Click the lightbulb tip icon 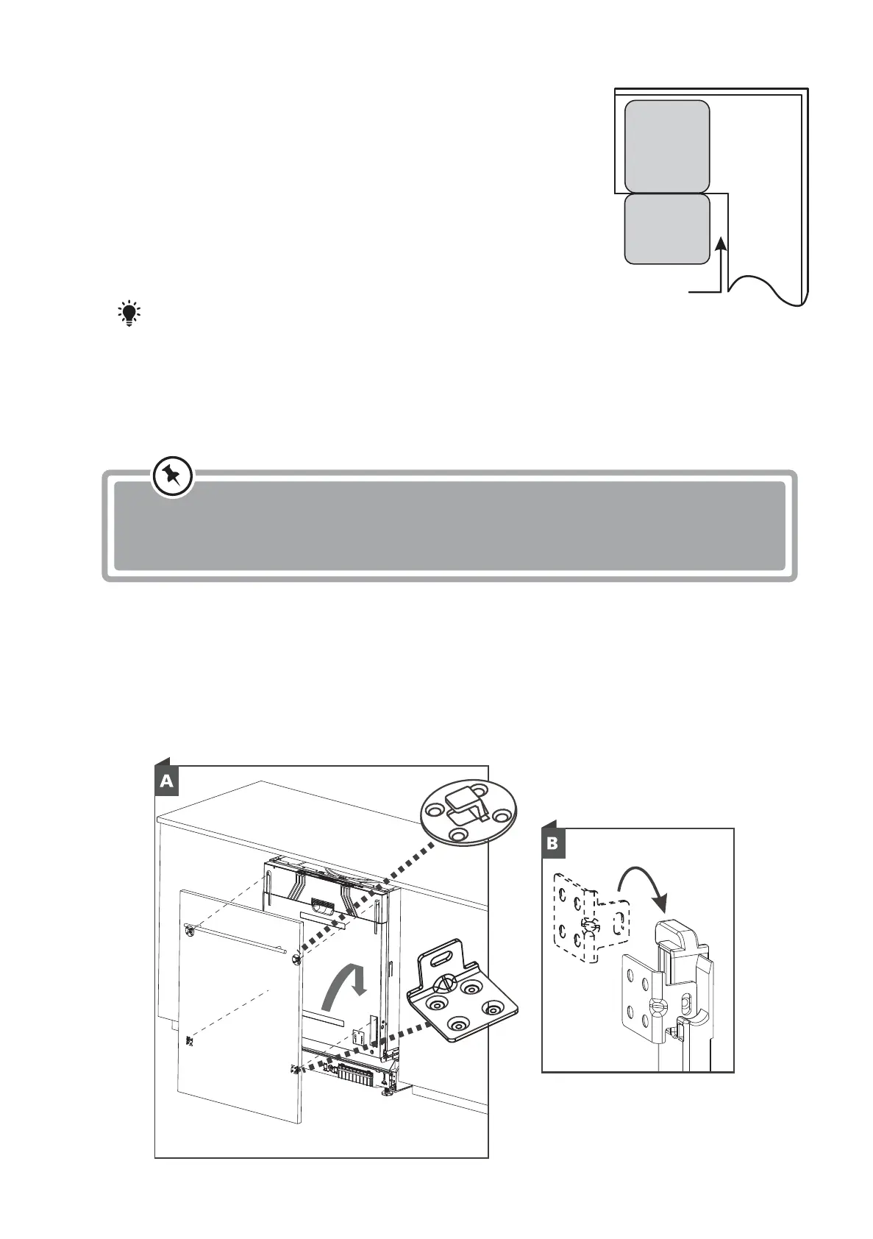(x=129, y=313)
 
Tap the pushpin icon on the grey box (x=173, y=478)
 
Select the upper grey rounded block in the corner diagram (x=667, y=146)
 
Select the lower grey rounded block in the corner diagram (x=667, y=228)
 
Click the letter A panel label (x=167, y=781)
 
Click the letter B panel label (x=553, y=844)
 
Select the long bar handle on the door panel (x=236, y=940)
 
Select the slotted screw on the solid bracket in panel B (x=653, y=1004)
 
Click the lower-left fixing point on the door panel (x=190, y=1041)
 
